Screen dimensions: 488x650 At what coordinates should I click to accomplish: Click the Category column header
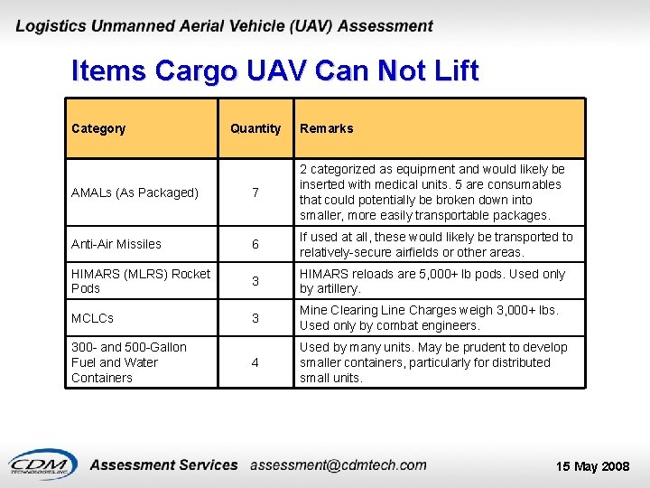(x=98, y=128)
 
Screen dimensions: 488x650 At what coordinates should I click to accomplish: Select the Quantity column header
(x=255, y=128)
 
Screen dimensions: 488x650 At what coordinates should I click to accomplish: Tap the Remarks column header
(x=326, y=128)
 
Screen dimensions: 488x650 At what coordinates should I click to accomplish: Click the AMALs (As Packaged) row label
(x=135, y=192)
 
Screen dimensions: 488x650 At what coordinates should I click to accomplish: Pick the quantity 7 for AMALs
(x=255, y=193)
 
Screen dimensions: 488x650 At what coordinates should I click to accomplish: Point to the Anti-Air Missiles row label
(x=116, y=244)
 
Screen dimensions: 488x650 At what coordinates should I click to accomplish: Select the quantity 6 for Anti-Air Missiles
(x=255, y=245)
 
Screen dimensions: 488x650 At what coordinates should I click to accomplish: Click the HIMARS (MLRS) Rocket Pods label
(x=140, y=281)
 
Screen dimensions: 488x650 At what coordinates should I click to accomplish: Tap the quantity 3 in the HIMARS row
(x=255, y=282)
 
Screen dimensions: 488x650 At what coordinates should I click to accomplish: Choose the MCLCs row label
(x=94, y=318)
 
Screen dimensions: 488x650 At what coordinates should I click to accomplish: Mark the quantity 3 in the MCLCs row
(x=255, y=319)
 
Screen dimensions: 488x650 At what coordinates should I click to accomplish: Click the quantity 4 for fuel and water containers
(x=255, y=363)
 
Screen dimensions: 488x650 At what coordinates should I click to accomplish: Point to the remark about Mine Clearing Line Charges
(x=429, y=318)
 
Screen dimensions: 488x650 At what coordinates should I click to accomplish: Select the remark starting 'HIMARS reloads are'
(x=432, y=281)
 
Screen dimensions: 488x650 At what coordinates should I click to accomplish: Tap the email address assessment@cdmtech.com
(x=339, y=465)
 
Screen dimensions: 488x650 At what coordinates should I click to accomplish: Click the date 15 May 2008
(x=592, y=466)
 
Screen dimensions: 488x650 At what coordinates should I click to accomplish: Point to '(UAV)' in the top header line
(x=310, y=26)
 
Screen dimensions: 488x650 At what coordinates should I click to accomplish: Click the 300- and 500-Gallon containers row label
(x=128, y=362)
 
